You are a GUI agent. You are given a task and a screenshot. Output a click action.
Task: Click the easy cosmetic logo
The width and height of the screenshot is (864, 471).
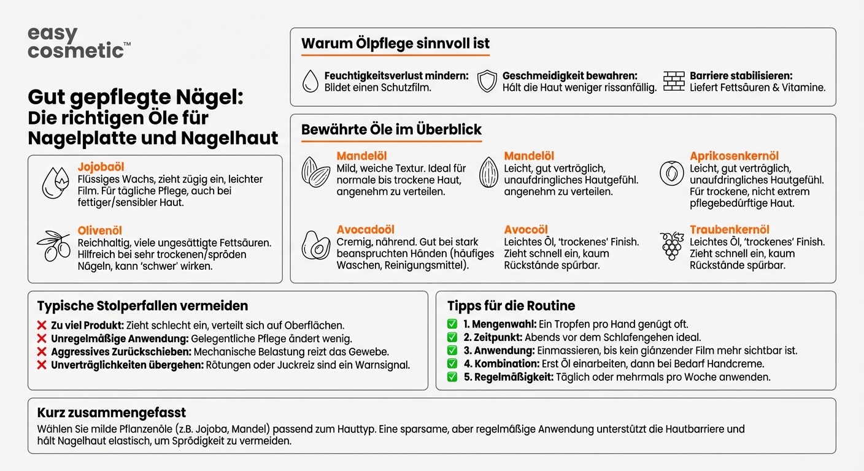[x=79, y=43]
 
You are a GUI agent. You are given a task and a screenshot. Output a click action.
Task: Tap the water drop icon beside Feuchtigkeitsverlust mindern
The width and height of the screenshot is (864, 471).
[x=311, y=81]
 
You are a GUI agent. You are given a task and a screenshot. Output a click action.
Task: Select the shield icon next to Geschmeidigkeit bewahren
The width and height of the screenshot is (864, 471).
[x=487, y=81]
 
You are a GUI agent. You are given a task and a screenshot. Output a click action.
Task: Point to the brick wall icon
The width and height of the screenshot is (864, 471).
[x=674, y=81]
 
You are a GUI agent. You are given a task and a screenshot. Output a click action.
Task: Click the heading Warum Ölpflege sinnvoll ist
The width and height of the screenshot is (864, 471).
[x=395, y=44]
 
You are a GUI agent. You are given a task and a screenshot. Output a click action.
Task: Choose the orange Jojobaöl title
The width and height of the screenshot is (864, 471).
[x=101, y=167]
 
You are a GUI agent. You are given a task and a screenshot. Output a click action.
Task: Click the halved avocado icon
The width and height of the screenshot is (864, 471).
[x=316, y=245]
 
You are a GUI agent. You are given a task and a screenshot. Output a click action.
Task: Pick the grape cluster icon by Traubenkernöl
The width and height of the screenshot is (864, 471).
[x=672, y=245]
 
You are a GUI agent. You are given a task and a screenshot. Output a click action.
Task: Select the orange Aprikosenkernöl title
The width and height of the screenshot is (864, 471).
[x=734, y=156]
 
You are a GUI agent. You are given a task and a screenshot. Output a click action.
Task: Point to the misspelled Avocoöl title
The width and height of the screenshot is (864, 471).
[x=526, y=230]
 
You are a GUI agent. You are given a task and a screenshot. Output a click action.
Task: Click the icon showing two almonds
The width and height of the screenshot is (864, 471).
[x=316, y=172]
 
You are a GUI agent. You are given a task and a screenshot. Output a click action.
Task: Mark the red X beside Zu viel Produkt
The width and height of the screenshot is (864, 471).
[x=42, y=325]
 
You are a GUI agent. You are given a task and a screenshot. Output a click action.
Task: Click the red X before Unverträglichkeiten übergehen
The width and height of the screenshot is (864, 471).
[x=42, y=365]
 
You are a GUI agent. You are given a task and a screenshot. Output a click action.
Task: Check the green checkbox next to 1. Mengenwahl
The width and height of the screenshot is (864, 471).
[x=452, y=324]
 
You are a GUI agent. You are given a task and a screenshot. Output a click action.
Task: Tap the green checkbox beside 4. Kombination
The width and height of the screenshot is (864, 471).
[x=452, y=364]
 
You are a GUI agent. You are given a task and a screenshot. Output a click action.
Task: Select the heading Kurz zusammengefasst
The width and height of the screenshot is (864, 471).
[x=111, y=412]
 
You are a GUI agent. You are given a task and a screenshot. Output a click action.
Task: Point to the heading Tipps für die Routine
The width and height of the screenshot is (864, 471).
[x=511, y=305]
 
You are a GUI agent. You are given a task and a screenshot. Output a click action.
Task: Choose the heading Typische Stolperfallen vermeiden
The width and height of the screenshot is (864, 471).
[x=142, y=305]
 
